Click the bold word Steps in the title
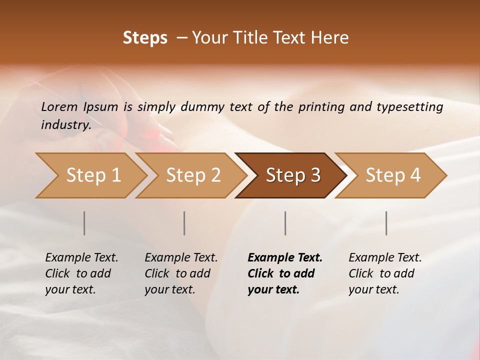pyautogui.click(x=145, y=38)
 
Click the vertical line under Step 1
pyautogui.click(x=84, y=223)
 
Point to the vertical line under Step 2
pyautogui.click(x=184, y=223)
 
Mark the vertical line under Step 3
pyautogui.click(x=285, y=223)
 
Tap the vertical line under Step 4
pyautogui.click(x=386, y=223)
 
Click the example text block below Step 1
pyautogui.click(x=81, y=273)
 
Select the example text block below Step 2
pyautogui.click(x=181, y=273)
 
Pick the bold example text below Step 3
pyautogui.click(x=285, y=273)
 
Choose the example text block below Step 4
pyautogui.click(x=385, y=273)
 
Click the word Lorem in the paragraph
pyautogui.click(x=59, y=107)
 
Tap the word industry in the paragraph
pyautogui.click(x=66, y=125)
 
